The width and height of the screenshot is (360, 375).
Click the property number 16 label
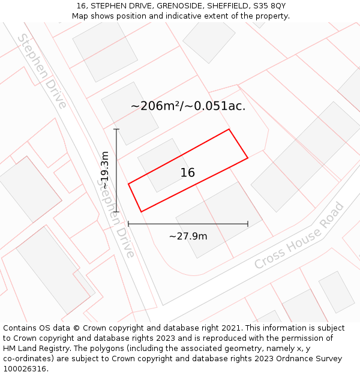[x=188, y=173]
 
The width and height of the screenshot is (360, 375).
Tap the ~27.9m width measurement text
[x=188, y=236]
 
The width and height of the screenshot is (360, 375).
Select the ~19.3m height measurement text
[x=105, y=170]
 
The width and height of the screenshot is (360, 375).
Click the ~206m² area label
[x=155, y=106]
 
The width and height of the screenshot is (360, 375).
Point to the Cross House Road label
[x=299, y=236]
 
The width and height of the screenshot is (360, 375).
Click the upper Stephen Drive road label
[x=41, y=71]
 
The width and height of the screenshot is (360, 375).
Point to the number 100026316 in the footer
[x=23, y=369]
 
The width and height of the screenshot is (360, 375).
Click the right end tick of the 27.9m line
[x=248, y=224]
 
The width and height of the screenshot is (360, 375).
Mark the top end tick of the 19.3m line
[x=116, y=129]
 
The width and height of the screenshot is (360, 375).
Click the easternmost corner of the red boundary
[x=248, y=158]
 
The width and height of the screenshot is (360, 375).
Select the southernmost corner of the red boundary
[x=141, y=212]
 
